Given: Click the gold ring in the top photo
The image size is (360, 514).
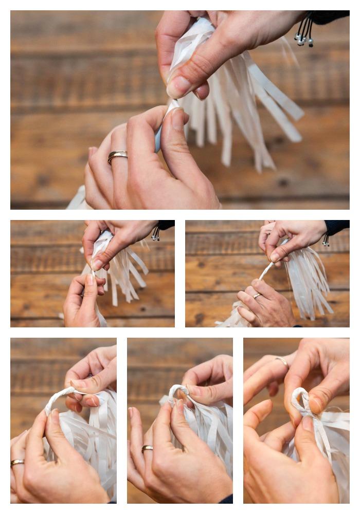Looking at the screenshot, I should tap(118, 156).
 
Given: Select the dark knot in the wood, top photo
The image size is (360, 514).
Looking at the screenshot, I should tap(283, 182).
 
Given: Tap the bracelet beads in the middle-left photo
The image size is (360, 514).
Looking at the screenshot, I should tap(155, 235).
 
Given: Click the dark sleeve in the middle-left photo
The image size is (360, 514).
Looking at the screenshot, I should tap(166, 225).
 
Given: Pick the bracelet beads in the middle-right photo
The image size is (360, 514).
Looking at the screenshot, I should tap(326, 240).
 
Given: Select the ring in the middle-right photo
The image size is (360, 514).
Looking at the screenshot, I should tap(257, 296).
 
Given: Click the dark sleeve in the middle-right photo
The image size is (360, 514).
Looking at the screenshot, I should tap(337, 227).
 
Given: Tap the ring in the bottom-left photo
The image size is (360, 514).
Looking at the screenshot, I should tap(17, 463).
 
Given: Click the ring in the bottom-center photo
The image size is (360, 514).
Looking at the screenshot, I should tap(147, 449).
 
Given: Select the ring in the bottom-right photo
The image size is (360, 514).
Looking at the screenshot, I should tap(282, 362).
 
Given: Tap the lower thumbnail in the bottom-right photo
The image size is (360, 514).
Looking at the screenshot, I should tap(308, 424).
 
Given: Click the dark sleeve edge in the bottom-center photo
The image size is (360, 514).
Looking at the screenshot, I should tap(225, 499).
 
